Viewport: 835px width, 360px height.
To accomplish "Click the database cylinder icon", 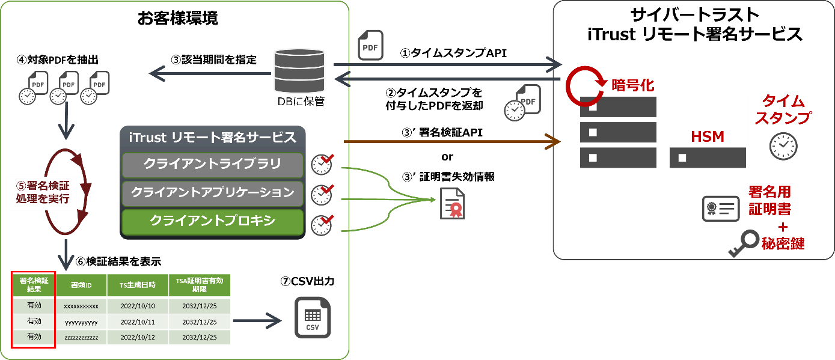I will (299, 72).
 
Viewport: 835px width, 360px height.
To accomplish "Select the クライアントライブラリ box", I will (213, 164).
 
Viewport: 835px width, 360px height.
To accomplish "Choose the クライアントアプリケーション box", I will (213, 193).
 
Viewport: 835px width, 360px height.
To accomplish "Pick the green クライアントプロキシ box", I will (213, 221).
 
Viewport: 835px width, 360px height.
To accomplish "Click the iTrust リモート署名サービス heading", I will (213, 137).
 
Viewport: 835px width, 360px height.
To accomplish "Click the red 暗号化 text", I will (632, 86).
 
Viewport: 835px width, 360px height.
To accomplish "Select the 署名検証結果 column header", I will (34, 285).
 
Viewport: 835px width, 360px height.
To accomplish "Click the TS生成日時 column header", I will (138, 285).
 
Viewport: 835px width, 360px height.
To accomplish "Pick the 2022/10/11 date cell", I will (138, 322).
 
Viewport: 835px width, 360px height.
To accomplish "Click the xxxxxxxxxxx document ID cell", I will (81, 306).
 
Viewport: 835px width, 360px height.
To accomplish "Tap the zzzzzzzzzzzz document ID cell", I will (81, 337).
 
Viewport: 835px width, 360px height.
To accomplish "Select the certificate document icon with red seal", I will (452, 203).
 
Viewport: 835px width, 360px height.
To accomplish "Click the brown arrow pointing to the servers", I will (451, 142).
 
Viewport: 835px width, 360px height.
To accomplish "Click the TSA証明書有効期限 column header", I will (199, 285).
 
